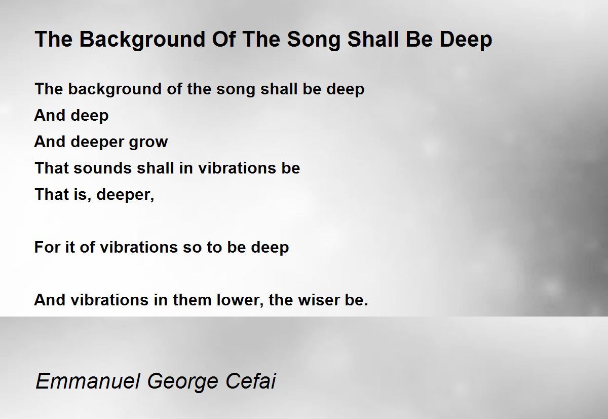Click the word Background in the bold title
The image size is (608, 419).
coord(142,40)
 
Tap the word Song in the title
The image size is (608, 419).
coord(314,40)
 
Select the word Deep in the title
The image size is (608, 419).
coord(466,40)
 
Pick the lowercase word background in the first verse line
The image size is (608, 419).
coord(115,89)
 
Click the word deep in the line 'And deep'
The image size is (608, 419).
coord(90,116)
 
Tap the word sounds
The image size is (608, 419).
coord(102,168)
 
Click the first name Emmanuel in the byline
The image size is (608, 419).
coord(88,381)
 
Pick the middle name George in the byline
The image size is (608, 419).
coord(183,382)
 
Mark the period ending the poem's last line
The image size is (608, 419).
coord(366,304)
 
